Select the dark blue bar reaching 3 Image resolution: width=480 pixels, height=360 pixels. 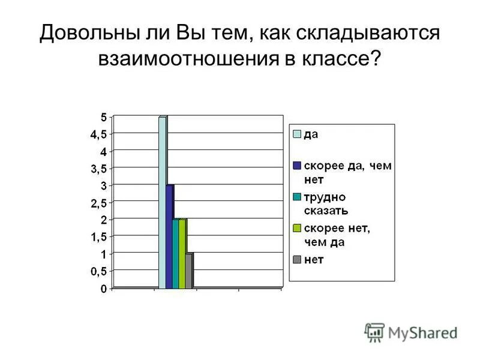pyautogui.click(x=169, y=237)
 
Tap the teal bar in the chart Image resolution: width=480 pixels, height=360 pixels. pyautogui.click(x=175, y=254)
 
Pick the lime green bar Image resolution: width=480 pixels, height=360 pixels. pyautogui.click(x=182, y=254)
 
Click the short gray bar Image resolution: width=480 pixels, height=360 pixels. pyautogui.click(x=188, y=271)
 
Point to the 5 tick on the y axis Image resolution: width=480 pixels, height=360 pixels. pyautogui.click(x=103, y=116)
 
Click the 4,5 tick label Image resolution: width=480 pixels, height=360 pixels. pyautogui.click(x=98, y=134)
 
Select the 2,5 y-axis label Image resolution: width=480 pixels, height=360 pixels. pyautogui.click(x=98, y=203)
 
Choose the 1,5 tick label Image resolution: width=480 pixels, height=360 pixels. pyautogui.click(x=98, y=237)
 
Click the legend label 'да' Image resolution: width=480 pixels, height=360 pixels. pyautogui.click(x=311, y=134)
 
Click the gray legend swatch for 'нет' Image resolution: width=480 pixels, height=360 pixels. pyautogui.click(x=296, y=259)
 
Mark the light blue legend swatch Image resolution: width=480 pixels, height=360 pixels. pyautogui.click(x=296, y=134)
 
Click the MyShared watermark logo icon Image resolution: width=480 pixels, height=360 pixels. pyautogui.click(x=374, y=332)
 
